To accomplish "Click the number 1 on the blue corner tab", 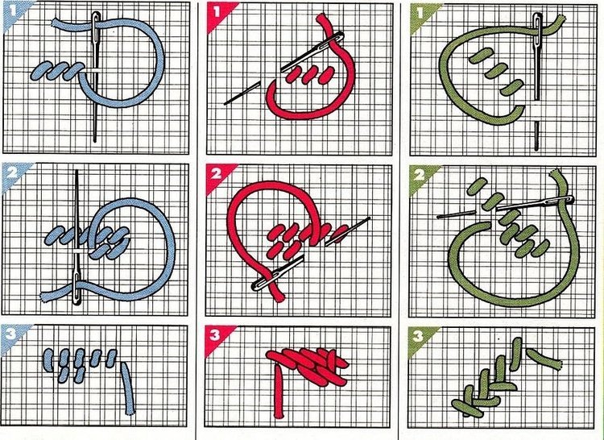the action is [12, 10].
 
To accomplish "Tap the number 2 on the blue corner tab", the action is [11, 172].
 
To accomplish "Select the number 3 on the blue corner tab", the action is [10, 334].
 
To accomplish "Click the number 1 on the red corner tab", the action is [216, 11].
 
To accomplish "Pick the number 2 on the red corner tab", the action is [216, 174].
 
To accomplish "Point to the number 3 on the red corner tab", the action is [214, 334].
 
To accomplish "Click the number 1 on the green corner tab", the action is [420, 14].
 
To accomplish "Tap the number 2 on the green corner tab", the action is [419, 176].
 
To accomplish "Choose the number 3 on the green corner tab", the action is [418, 337].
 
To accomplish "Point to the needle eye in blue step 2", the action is [77, 289].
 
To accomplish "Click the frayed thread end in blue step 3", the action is [130, 413].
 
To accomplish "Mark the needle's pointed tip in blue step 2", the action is [77, 171].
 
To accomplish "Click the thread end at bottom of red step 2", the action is [280, 297].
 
